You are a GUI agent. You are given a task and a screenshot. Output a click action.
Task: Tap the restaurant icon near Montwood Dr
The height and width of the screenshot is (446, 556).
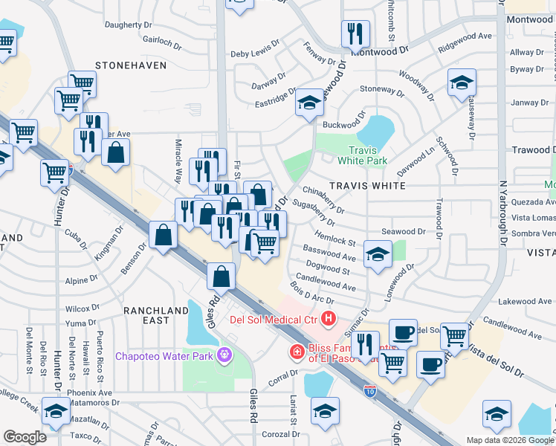click(355, 33)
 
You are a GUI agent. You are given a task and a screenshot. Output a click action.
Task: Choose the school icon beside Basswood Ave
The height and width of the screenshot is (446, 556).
click(378, 254)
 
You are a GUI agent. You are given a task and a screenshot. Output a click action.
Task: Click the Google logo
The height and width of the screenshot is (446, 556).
click(25, 437)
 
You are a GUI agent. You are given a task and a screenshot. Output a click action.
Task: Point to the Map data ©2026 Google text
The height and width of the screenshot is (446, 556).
click(509, 440)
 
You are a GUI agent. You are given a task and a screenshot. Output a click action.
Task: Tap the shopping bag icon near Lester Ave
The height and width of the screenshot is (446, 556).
click(117, 152)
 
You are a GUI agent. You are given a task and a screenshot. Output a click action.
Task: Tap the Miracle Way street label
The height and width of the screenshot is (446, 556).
click(179, 160)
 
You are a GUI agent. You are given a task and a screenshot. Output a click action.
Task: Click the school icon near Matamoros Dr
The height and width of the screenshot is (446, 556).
click(56, 410)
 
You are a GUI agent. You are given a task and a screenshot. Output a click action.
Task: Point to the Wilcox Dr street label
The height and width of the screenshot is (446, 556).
click(82, 308)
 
